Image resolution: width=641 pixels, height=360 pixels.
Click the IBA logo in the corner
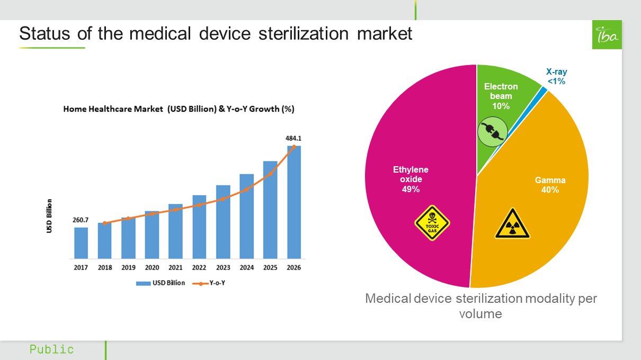pos(607,35)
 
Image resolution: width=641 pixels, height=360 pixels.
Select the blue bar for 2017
pos(81,243)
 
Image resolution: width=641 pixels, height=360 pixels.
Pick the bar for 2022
pos(199,227)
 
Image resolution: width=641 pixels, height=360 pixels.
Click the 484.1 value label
pos(293,138)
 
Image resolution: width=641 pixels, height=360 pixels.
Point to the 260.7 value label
pos(81,220)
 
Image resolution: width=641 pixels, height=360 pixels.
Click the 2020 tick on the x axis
pos(152,268)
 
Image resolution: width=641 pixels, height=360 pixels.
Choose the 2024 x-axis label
pos(246,268)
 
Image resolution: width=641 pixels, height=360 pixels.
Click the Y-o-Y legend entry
pos(212,283)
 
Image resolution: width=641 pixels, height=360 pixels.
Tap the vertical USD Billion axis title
pos(49,215)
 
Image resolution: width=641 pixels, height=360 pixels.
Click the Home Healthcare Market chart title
pos(179,110)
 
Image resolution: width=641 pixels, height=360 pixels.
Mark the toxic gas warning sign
pos(432,223)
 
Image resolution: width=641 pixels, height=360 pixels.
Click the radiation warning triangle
pos(512,224)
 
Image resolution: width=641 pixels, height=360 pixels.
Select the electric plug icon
pos(493,132)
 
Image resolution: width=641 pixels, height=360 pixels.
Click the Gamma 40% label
pos(550,185)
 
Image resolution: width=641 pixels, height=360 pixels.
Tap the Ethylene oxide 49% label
pos(411,179)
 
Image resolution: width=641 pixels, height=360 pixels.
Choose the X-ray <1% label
pos(556,77)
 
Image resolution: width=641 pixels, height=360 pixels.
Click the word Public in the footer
pos(52,349)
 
